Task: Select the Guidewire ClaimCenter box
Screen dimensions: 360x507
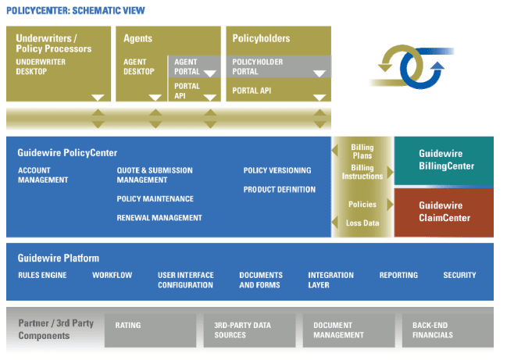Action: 445,212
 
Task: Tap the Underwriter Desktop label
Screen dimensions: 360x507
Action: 42,67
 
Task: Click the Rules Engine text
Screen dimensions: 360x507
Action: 42,275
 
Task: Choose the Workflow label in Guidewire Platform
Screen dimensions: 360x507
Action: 112,275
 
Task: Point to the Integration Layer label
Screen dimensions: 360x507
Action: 330,280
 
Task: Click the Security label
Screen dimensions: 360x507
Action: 459,275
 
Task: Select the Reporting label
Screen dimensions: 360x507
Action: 398,275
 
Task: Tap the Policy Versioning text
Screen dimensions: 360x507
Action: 277,170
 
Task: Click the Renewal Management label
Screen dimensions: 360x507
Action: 159,218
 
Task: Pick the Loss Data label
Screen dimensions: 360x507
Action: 362,223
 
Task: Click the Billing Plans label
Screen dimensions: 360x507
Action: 362,151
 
